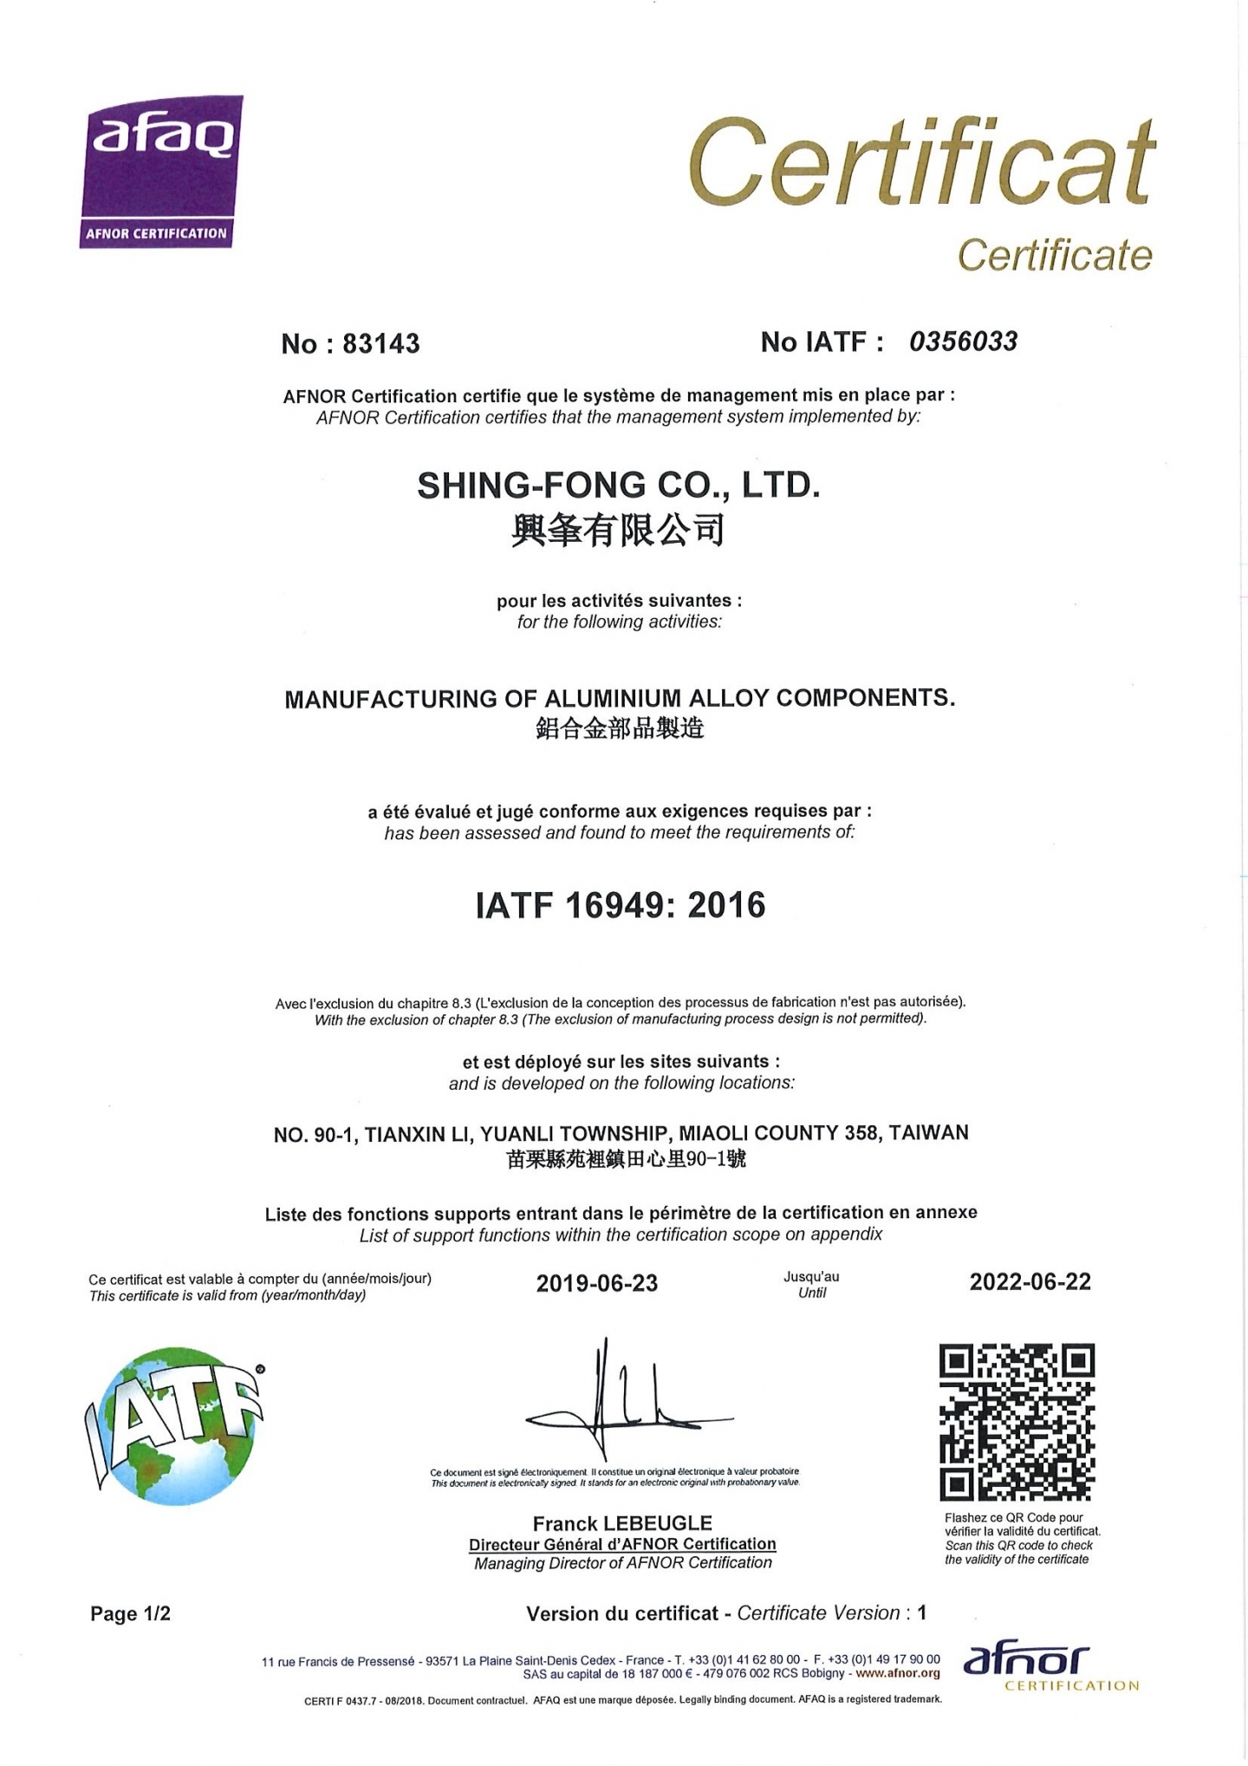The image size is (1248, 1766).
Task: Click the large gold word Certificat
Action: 922,163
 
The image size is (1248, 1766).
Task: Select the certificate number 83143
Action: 381,344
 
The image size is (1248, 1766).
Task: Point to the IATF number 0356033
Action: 963,342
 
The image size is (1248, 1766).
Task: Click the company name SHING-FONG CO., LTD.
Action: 618,485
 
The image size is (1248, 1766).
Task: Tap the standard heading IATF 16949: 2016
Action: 621,905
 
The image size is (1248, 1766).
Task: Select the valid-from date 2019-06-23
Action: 597,1283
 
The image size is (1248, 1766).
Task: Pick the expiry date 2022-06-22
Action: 1030,1281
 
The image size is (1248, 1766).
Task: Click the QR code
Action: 1017,1422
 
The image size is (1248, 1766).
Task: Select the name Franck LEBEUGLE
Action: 622,1523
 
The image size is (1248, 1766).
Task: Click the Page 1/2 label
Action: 130,1613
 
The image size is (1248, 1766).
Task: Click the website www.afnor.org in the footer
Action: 897,1673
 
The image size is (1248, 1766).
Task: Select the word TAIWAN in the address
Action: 928,1132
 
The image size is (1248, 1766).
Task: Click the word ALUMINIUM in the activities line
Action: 613,698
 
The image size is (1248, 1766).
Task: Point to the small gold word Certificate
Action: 1055,255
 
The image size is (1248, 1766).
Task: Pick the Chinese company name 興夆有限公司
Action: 618,530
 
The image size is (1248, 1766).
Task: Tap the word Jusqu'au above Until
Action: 811,1276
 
